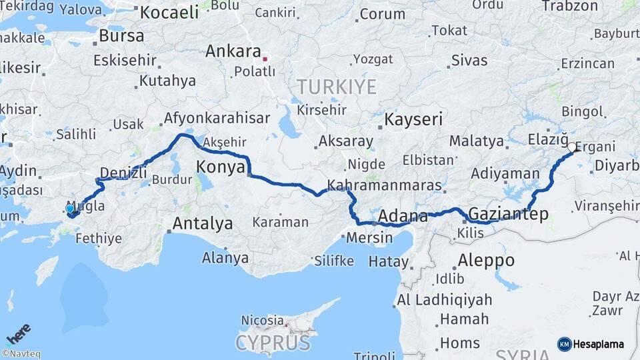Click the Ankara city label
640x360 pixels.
[x=233, y=51]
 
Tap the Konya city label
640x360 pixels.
[x=221, y=167]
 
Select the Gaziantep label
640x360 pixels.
[x=509, y=214]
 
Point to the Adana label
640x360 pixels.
[x=403, y=217]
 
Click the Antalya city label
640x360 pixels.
[x=203, y=223]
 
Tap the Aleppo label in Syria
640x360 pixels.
[x=486, y=260]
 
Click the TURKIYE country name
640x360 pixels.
[x=337, y=87]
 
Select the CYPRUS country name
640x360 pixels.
[x=273, y=343]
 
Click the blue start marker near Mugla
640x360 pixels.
[x=70, y=209]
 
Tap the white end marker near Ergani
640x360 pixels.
[x=572, y=147]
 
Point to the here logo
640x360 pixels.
[x=18, y=334]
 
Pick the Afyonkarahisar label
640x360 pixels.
[x=217, y=119]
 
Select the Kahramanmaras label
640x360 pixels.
[x=384, y=185]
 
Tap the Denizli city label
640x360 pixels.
[x=123, y=173]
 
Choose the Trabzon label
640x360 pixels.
[x=570, y=6]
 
